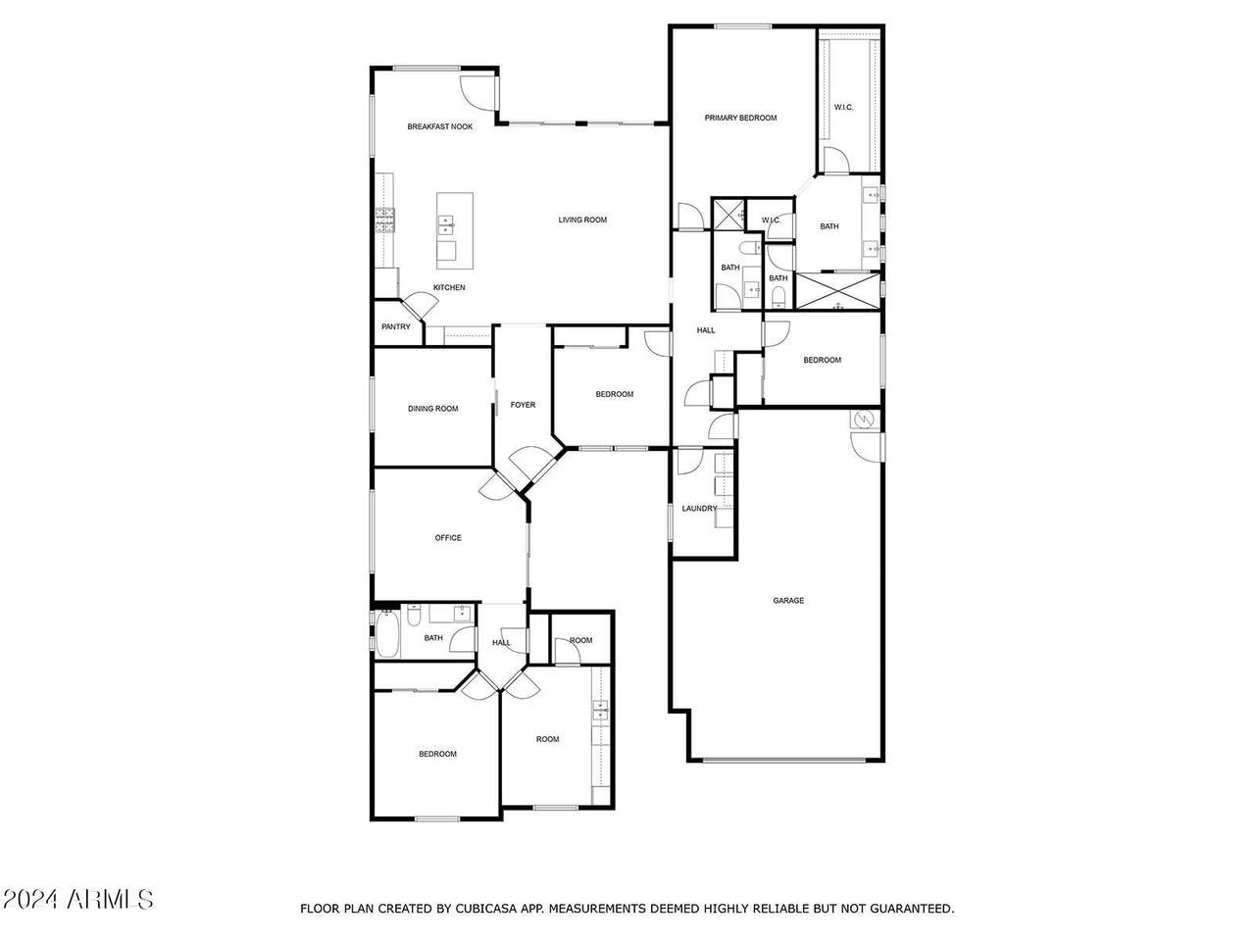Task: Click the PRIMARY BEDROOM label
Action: point(740,118)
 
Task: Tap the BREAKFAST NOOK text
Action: point(439,126)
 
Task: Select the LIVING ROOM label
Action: point(582,220)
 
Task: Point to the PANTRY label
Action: point(396,326)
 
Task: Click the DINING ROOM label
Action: point(432,408)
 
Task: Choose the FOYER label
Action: point(523,405)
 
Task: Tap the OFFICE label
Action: point(448,537)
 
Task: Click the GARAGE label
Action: point(788,600)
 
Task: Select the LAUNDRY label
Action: point(699,508)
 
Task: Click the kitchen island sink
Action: point(446,225)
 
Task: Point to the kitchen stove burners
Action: point(384,220)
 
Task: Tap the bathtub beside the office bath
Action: point(387,633)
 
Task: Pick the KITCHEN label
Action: point(449,287)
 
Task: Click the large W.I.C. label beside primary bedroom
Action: point(843,107)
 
